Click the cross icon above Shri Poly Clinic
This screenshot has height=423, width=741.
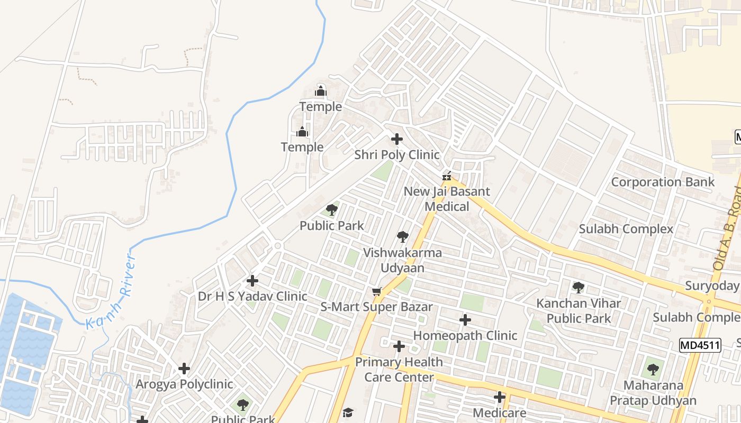click(x=396, y=139)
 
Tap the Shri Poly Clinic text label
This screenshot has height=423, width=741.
click(x=396, y=155)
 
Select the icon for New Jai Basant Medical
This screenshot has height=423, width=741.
click(x=447, y=176)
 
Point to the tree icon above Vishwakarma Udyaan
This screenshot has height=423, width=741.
click(x=403, y=236)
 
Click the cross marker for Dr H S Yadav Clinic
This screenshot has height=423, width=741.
click(x=252, y=280)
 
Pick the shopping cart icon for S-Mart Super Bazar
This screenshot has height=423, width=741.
click(x=377, y=291)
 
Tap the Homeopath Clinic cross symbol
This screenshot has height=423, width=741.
click(x=465, y=320)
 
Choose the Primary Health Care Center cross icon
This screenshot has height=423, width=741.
click(x=399, y=346)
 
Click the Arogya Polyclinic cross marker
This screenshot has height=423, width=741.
click(x=184, y=368)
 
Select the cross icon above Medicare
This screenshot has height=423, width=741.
click(x=499, y=397)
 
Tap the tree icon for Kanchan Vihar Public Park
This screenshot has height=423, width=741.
click(x=579, y=288)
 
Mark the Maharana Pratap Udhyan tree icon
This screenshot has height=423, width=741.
click(x=653, y=369)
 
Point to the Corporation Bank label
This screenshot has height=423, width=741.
click(x=663, y=182)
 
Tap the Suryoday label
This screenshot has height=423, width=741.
click(x=712, y=286)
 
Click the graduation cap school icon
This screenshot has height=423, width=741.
click(x=348, y=412)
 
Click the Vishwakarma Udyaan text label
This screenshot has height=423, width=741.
click(x=402, y=260)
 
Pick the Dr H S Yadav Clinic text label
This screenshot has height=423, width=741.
click(x=252, y=296)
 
